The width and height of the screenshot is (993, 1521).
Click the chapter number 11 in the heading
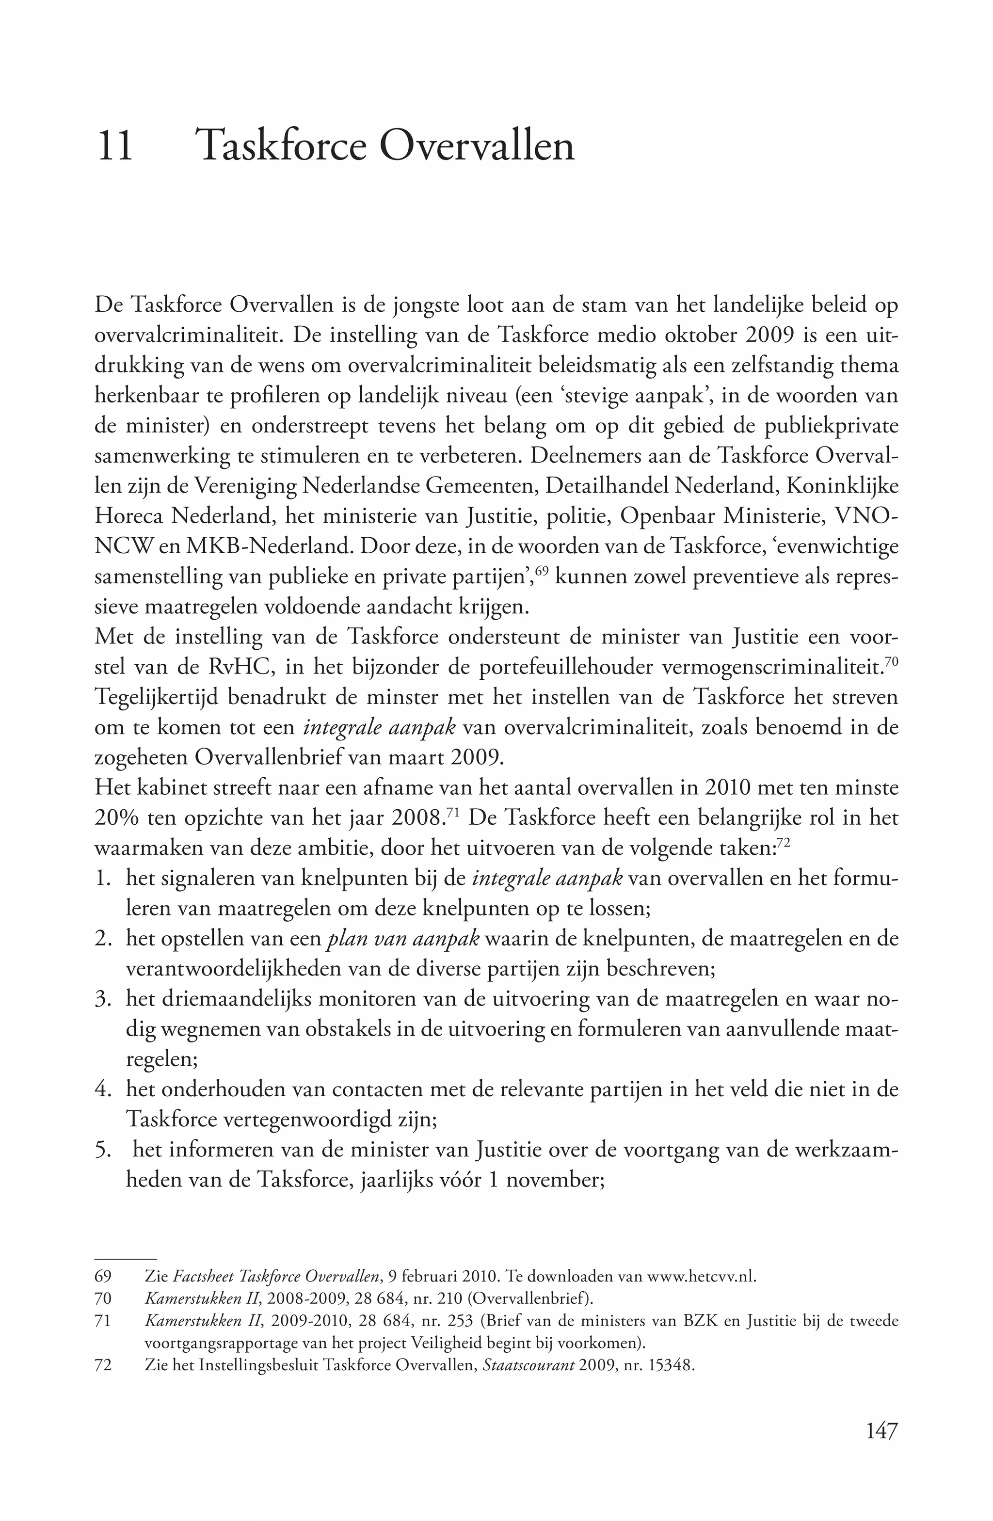115,146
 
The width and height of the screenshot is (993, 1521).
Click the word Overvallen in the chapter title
477,146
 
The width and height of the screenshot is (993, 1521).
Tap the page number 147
882,1430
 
